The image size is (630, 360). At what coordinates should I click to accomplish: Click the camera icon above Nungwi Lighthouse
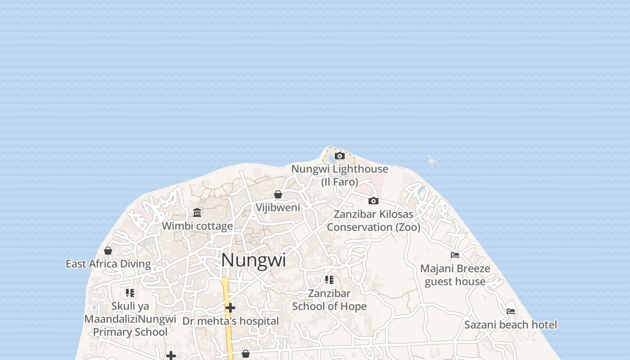click(340, 156)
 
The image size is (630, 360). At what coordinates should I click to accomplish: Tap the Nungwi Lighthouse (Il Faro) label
click(340, 175)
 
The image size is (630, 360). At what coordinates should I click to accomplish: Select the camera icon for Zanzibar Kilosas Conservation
click(373, 201)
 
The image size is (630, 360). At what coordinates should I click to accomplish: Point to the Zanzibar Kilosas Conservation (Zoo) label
click(373, 220)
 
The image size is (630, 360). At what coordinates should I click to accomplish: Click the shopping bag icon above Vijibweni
click(278, 194)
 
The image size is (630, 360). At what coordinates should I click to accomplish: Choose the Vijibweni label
click(278, 207)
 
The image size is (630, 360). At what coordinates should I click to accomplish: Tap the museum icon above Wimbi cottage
click(197, 212)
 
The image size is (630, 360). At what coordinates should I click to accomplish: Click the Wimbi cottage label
click(197, 226)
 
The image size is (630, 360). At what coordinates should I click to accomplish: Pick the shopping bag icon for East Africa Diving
click(108, 251)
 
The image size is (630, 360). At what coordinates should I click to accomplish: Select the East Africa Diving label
click(108, 264)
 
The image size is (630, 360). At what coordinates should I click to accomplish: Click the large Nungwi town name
click(253, 260)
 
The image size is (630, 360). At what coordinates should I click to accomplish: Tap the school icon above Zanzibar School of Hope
click(329, 280)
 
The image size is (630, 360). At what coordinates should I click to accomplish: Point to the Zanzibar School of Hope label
click(329, 300)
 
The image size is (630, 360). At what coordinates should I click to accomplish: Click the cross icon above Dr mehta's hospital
click(230, 308)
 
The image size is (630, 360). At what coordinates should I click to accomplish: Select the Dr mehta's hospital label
click(230, 321)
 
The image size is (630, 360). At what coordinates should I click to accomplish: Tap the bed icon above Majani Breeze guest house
click(455, 255)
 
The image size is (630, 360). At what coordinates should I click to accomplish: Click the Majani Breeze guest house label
click(455, 275)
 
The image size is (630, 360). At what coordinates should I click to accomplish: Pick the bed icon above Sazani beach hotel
click(511, 311)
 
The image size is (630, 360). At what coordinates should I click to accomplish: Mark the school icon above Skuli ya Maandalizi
click(130, 293)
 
